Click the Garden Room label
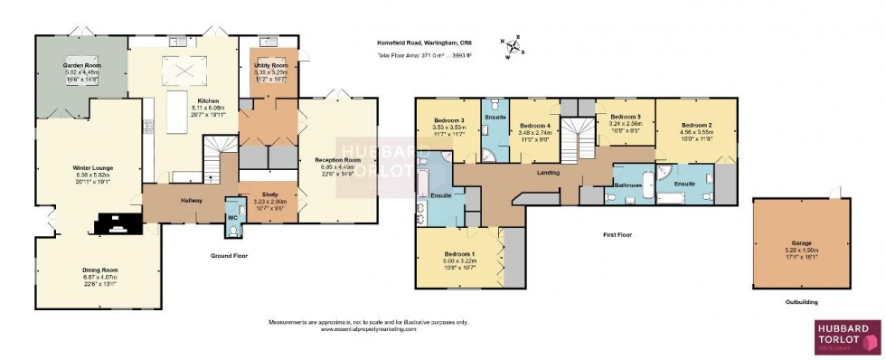80,66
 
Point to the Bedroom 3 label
448,121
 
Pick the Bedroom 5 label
625,117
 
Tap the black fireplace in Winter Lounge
116,223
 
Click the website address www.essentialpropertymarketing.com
368,329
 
